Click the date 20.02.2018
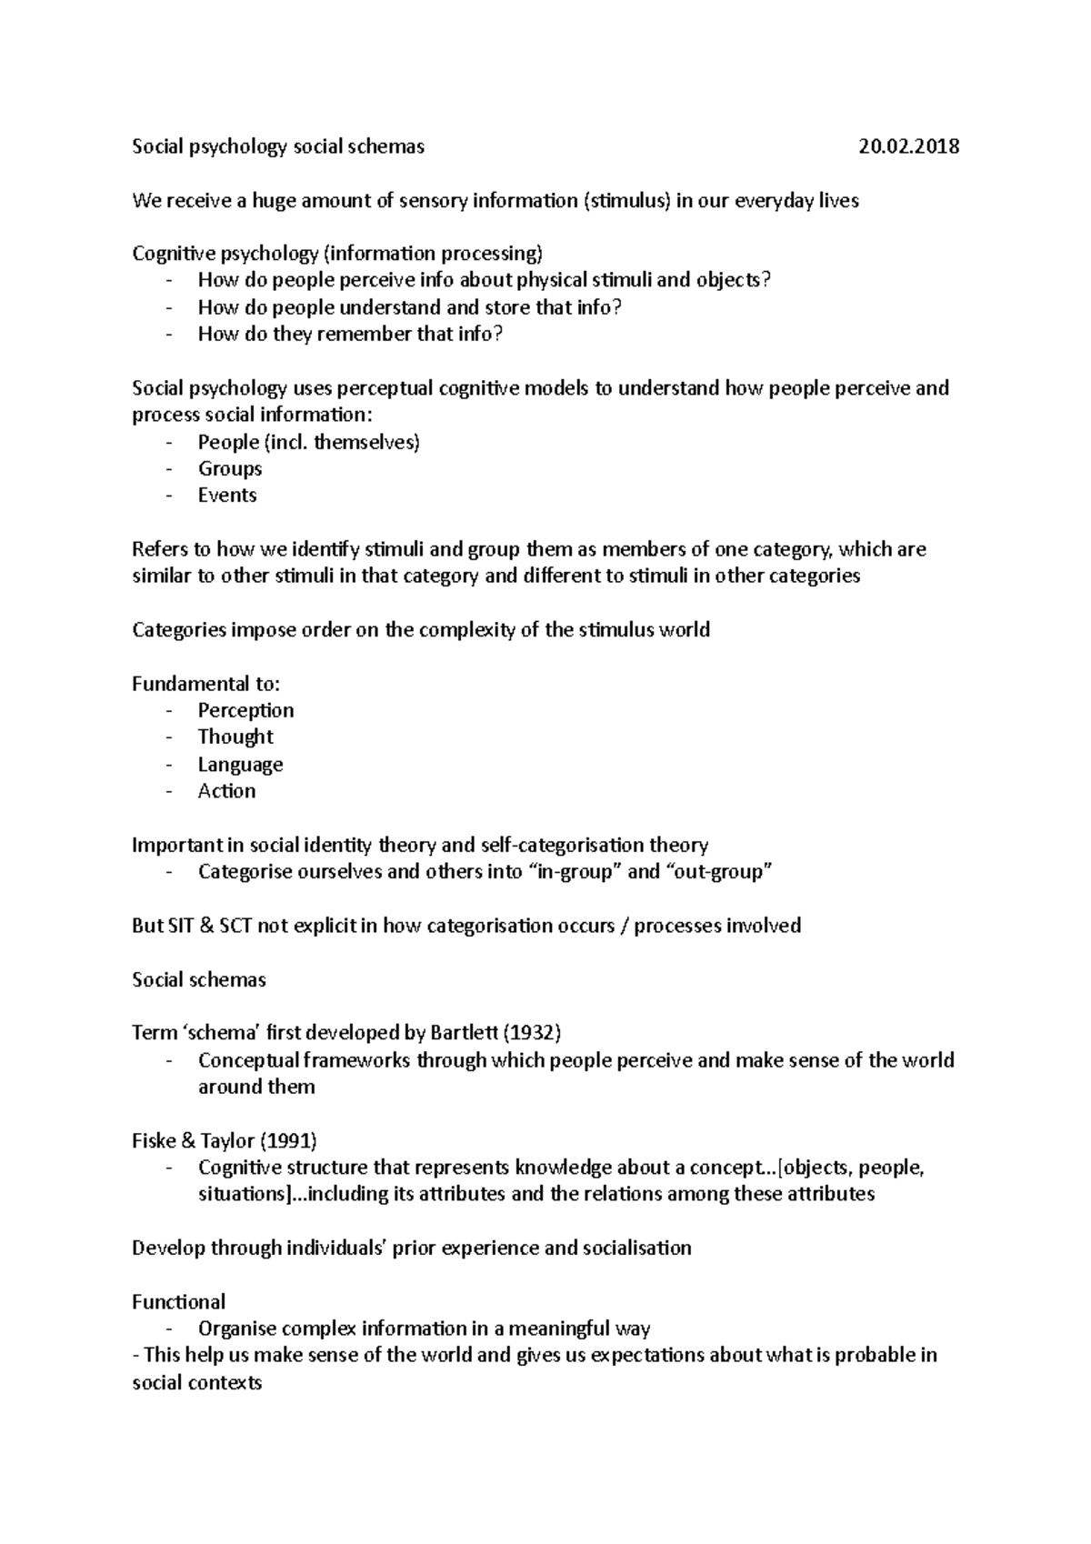point(908,146)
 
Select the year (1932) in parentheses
point(532,1033)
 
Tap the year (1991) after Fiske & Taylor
point(289,1140)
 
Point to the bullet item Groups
point(230,469)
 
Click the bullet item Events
point(227,496)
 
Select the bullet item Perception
point(245,710)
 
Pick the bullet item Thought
point(235,737)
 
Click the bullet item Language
point(240,764)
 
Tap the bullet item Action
point(226,791)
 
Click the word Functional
point(178,1301)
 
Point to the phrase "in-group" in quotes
point(575,872)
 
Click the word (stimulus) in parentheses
point(625,201)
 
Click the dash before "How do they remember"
point(169,335)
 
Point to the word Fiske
point(155,1140)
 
